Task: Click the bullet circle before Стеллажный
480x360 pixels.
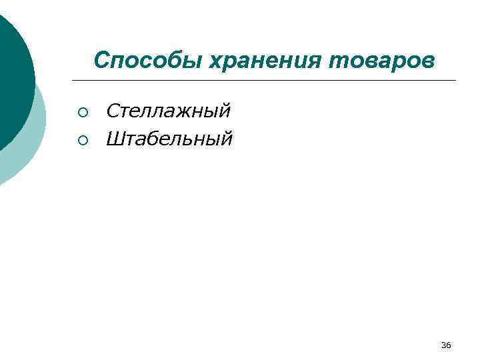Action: click(82, 110)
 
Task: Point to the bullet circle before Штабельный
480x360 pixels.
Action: click(82, 139)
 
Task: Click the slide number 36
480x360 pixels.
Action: click(446, 345)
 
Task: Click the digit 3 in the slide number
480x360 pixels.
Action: click(443, 345)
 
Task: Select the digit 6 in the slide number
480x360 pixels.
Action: click(449, 345)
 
